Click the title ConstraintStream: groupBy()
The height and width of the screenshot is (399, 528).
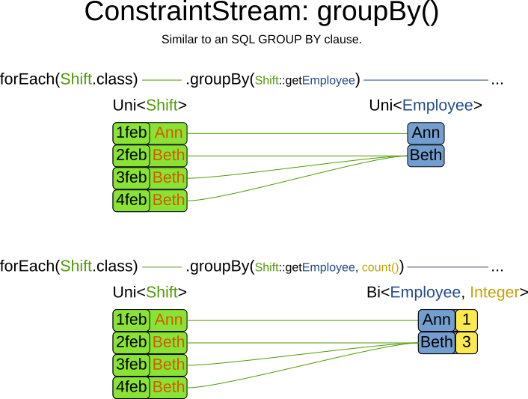tap(261, 13)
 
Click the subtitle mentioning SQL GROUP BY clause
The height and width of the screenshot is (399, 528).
tap(261, 40)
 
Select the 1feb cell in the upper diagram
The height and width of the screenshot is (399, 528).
tap(131, 133)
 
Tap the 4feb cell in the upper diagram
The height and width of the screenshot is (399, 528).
tap(131, 200)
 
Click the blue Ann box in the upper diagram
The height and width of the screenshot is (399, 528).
tap(426, 133)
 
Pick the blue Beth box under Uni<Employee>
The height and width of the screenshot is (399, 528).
tap(426, 156)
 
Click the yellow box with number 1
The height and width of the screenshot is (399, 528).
tap(467, 320)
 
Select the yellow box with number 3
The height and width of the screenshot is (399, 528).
tap(467, 343)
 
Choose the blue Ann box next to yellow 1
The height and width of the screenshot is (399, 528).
tap(436, 320)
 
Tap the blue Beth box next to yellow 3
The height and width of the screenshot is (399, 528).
tap(436, 343)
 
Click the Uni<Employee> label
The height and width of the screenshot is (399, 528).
tap(425, 106)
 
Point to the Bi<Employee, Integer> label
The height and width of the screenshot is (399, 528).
tap(447, 293)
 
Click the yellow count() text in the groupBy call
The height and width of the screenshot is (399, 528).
tap(380, 267)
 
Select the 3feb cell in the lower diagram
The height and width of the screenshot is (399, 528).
tap(131, 365)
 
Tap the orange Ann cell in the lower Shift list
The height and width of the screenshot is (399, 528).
tap(168, 320)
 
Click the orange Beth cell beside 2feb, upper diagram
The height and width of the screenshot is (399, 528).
tap(168, 156)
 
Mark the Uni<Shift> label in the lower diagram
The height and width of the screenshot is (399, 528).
tap(150, 293)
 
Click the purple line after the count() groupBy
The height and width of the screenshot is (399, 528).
tap(447, 267)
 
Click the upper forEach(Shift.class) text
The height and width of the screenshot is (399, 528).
tap(69, 79)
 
